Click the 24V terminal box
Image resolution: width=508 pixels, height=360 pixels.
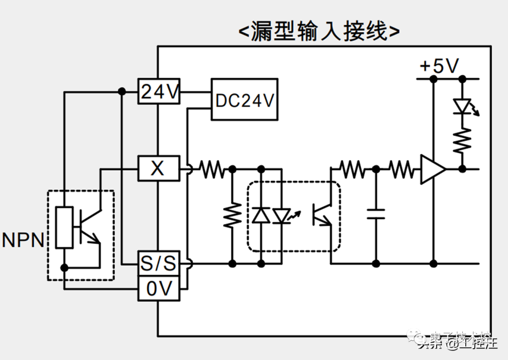click(159, 92)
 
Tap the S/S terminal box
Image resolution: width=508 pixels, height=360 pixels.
click(159, 264)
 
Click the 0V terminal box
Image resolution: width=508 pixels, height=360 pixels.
click(159, 289)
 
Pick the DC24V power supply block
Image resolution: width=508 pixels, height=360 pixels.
click(244, 100)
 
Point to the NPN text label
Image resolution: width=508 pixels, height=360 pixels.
click(23, 240)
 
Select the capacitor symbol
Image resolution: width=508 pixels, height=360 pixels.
click(376, 214)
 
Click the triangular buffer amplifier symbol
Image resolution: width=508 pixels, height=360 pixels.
click(432, 169)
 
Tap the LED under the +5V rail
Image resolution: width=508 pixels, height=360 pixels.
click(462, 106)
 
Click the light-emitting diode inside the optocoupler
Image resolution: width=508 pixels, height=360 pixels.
click(282, 215)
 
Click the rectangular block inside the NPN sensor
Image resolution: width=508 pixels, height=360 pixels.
click(64, 227)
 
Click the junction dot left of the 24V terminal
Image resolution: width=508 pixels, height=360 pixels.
click(121, 92)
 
